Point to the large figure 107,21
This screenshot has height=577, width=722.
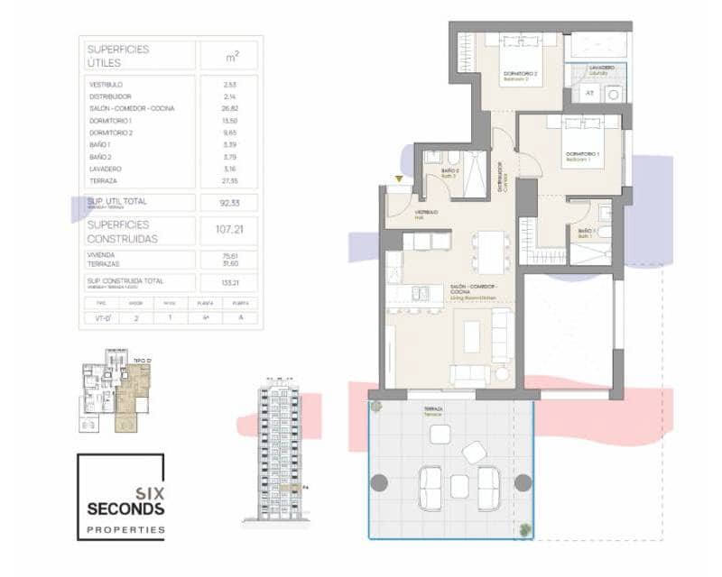(230, 230)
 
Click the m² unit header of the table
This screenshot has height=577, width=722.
(232, 56)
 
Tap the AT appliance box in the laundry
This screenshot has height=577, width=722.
(589, 93)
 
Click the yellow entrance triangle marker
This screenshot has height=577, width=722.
(398, 179)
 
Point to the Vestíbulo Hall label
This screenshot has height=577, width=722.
(427, 214)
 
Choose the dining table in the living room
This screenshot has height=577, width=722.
(492, 252)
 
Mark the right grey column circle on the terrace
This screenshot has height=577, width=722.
(522, 482)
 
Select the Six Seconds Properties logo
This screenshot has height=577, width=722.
(121, 497)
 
